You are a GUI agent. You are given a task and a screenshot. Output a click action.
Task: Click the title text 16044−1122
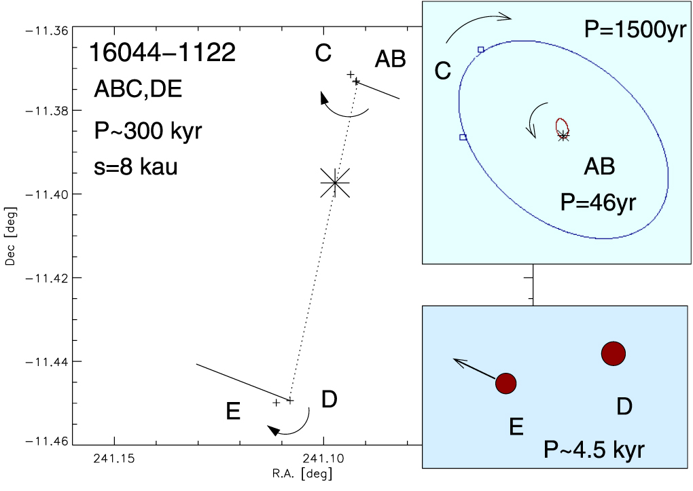162,53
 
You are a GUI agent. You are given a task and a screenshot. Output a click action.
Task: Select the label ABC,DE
139,91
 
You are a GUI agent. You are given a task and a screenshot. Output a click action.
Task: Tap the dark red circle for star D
613,353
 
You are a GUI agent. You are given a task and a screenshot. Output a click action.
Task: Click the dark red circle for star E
506,383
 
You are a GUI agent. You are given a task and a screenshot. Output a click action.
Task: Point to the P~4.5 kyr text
594,449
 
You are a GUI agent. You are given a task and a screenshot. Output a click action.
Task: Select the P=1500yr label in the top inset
633,31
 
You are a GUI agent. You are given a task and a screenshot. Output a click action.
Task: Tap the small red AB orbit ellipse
562,127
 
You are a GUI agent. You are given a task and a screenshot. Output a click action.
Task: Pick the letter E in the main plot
233,412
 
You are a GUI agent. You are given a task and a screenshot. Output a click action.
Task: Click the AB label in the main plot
390,60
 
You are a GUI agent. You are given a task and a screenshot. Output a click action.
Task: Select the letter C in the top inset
442,71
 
